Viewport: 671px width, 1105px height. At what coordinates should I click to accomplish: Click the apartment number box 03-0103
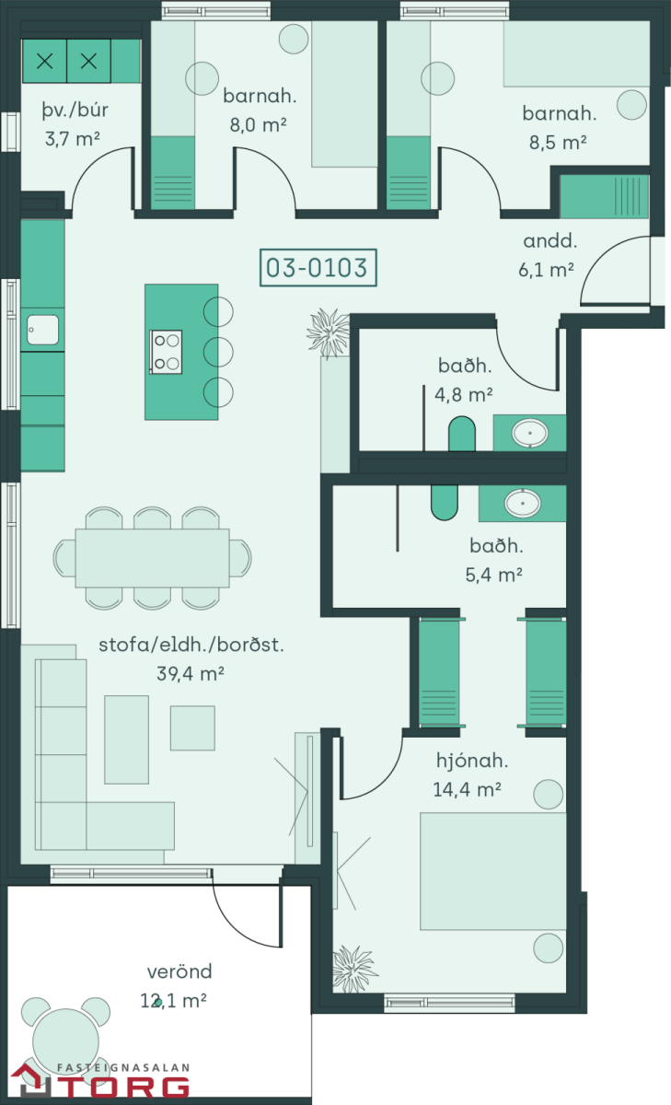[318, 268]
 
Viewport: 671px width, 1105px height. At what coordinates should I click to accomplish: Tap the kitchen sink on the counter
[43, 330]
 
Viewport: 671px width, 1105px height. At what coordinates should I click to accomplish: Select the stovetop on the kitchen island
[167, 352]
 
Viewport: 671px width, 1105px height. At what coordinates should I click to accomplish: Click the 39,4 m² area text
[191, 673]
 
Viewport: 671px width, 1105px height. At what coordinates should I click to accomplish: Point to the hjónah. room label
[472, 762]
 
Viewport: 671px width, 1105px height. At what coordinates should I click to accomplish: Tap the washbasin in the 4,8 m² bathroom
[530, 434]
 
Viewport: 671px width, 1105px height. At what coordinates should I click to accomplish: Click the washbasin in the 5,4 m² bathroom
[523, 503]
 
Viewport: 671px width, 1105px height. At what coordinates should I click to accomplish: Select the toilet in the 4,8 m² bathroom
[462, 434]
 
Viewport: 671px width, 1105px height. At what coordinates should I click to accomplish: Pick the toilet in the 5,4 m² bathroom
[445, 503]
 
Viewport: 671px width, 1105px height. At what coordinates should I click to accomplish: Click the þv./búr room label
[75, 110]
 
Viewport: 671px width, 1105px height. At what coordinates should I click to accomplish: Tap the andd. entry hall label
[550, 240]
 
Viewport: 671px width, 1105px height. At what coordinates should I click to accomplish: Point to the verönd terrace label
[179, 971]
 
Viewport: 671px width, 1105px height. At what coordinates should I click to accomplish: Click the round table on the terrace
[65, 1041]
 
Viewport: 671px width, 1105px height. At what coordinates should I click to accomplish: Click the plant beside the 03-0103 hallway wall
[329, 332]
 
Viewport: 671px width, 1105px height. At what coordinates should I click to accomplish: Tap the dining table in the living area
[153, 558]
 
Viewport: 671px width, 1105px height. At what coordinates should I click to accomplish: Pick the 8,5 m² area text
[558, 143]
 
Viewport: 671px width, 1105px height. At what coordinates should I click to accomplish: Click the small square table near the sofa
[192, 728]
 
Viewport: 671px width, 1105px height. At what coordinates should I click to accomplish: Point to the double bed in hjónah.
[493, 871]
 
